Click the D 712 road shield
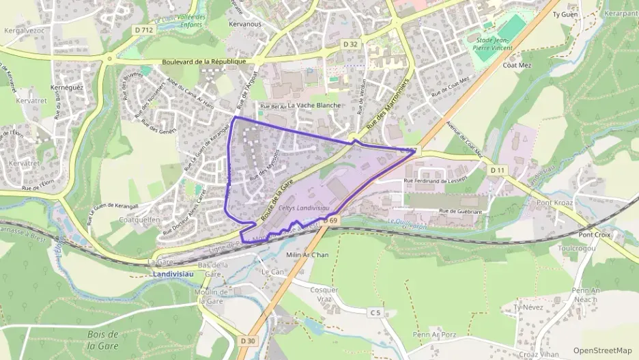pyautogui.click(x=145, y=29)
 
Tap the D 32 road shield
pyautogui.click(x=350, y=44)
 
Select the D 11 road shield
pyautogui.click(x=497, y=169)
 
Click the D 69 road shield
pyautogui.click(x=331, y=221)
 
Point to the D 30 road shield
pyautogui.click(x=247, y=341)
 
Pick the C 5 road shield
pyautogui.click(x=375, y=313)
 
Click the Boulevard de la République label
pyautogui.click(x=204, y=61)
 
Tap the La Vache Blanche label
pyautogui.click(x=313, y=106)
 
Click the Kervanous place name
pyautogui.click(x=245, y=24)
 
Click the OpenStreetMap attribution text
pyautogui.click(x=602, y=351)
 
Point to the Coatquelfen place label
pyautogui.click(x=139, y=219)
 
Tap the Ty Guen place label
pyautogui.click(x=565, y=14)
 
